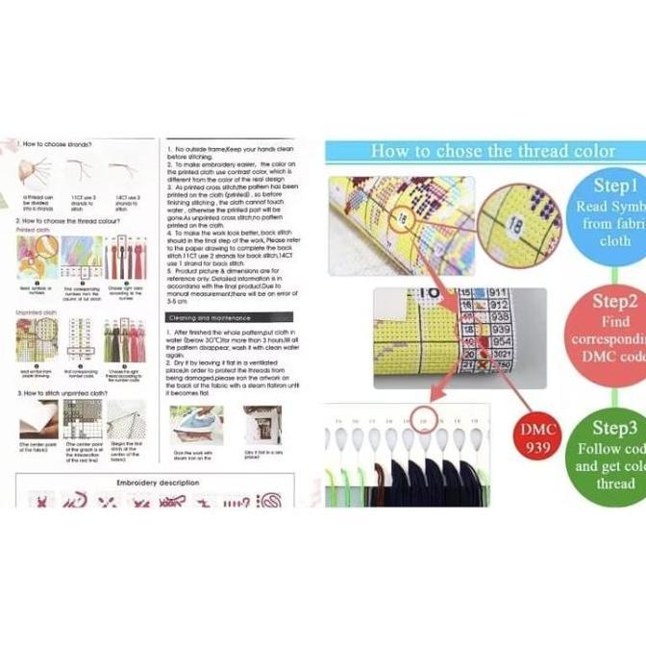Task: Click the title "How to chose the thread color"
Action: coord(492,151)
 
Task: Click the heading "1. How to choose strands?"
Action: coord(56,143)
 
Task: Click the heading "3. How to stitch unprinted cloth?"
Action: coord(66,393)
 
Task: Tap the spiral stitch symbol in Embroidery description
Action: coord(272,500)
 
